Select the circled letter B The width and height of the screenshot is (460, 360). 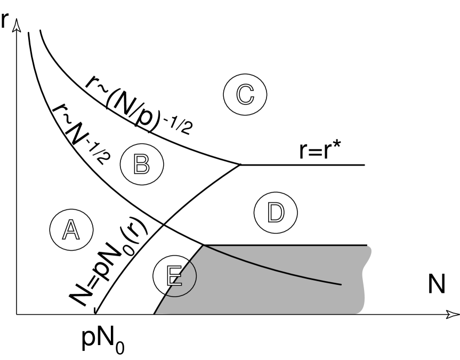[141, 164]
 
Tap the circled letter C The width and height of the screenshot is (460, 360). [245, 94]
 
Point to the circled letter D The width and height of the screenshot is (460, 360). [276, 212]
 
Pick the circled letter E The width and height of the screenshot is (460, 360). [174, 274]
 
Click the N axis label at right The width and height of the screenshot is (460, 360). [436, 285]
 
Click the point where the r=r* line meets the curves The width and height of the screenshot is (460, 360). [239, 165]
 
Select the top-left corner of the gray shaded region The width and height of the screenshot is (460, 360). [204, 246]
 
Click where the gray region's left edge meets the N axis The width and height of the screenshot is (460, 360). [155, 314]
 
